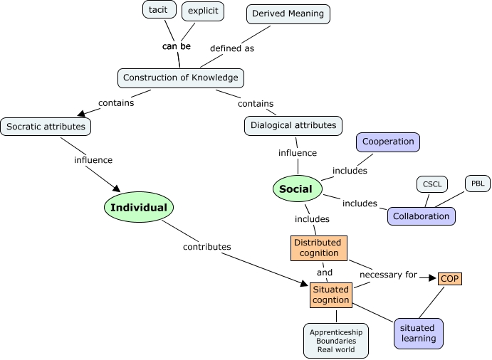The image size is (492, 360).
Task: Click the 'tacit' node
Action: tap(158, 11)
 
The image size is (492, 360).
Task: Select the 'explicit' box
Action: tap(203, 11)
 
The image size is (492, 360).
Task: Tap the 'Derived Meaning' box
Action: tap(288, 14)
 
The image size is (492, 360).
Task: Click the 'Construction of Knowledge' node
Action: tap(181, 78)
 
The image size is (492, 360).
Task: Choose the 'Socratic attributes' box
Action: tap(46, 127)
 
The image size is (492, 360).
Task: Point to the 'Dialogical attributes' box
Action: tap(293, 125)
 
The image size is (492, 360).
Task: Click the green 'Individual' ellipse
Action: tap(140, 208)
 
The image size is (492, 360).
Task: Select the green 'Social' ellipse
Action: tap(296, 189)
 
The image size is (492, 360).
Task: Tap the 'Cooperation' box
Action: tap(388, 142)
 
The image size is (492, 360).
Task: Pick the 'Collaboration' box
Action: tap(422, 216)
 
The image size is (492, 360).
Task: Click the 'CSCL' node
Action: tap(432, 184)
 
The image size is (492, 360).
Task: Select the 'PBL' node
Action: tap(478, 184)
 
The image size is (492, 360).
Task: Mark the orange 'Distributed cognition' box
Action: tap(318, 248)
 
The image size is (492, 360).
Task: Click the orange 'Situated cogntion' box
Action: tap(331, 295)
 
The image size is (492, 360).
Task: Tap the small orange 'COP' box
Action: tap(450, 279)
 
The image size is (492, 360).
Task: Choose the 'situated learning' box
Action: tap(419, 333)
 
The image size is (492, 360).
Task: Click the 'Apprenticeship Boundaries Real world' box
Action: tap(336, 341)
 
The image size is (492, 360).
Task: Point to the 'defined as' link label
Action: tap(232, 48)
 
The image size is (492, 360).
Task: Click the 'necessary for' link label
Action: tap(388, 275)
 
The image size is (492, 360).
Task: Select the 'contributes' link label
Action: tap(207, 247)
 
